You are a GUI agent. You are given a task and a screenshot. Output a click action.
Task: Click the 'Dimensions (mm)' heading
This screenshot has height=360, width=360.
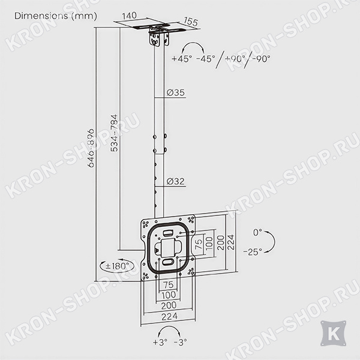pos(56,16)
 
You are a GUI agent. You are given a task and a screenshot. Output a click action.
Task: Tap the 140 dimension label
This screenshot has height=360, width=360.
pos(129,16)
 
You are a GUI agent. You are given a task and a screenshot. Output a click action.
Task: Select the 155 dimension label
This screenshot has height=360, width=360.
pos(191,22)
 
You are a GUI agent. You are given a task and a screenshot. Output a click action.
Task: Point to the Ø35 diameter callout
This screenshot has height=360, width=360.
pos(176,92)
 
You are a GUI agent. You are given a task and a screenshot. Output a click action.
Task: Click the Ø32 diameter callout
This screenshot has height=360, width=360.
pos(176,181)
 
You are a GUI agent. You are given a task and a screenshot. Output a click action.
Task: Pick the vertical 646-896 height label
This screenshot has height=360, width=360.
pos(91,148)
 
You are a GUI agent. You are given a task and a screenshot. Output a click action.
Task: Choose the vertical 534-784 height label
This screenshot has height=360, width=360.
pos(114,133)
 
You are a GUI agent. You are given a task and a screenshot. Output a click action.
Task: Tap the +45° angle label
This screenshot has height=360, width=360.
pos(182,59)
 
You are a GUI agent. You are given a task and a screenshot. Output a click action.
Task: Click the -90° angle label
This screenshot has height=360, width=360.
pos(261,59)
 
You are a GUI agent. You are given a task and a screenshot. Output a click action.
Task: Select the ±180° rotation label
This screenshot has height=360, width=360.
pos(117,266)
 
